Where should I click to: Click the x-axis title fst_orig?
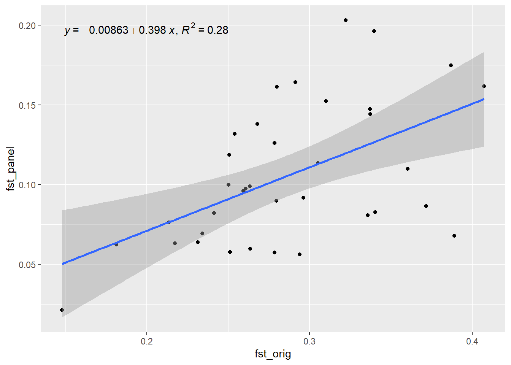(273, 354)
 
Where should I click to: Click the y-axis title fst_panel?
(11, 168)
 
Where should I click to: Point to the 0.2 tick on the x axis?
(147, 341)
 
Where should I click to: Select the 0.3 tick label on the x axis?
(309, 341)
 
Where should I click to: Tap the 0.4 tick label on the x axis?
(472, 341)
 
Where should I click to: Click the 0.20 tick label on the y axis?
(27, 25)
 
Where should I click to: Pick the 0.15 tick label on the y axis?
(27, 105)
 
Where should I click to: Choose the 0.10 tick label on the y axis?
(27, 185)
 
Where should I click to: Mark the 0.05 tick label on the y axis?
(27, 265)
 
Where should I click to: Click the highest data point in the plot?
(346, 20)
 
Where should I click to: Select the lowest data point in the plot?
(62, 310)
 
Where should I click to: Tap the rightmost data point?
(484, 86)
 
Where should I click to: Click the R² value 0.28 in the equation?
(217, 30)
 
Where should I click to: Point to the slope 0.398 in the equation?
(152, 30)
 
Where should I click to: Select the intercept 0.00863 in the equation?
(109, 30)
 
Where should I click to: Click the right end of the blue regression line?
(484, 99)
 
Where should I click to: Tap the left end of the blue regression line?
(62, 264)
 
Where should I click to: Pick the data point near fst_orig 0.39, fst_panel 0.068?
(454, 236)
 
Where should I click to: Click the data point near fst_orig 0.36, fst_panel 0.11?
(408, 169)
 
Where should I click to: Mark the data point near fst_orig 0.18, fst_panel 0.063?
(116, 244)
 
